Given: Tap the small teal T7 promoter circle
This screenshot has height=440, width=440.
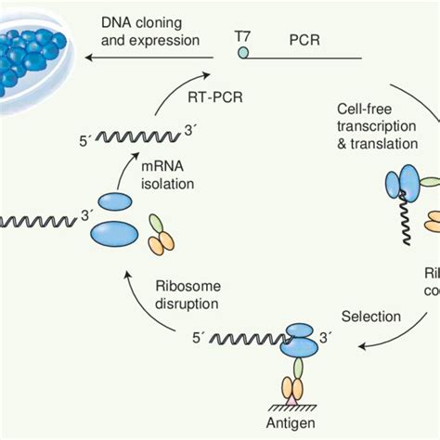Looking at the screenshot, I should (242, 55).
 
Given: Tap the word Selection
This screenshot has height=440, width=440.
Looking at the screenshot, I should (371, 317).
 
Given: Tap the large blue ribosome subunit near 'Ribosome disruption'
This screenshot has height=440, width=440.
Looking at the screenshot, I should (116, 233).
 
